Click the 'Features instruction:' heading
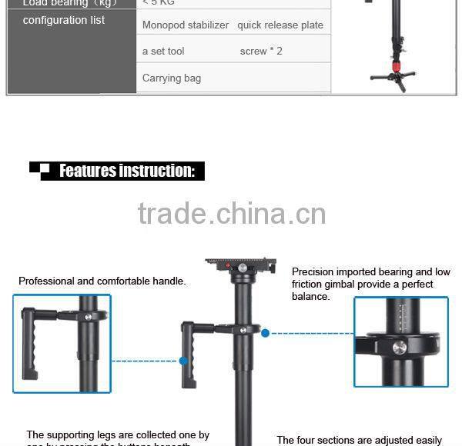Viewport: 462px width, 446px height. (127, 171)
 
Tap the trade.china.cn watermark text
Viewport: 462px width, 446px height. (232, 214)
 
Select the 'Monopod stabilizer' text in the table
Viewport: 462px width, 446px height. (186, 25)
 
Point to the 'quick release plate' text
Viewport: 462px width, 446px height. (280, 25)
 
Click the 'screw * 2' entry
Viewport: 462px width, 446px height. (261, 51)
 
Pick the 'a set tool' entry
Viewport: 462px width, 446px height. (163, 51)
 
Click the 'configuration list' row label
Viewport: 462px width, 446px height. (64, 20)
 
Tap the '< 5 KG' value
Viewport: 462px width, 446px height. (159, 2)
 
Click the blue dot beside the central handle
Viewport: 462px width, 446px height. (184, 360)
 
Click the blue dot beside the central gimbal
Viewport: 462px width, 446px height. (266, 333)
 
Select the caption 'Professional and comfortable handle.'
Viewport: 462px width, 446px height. (102, 281)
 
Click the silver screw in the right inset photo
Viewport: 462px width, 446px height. (399, 348)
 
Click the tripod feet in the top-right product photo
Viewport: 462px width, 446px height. (393, 78)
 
